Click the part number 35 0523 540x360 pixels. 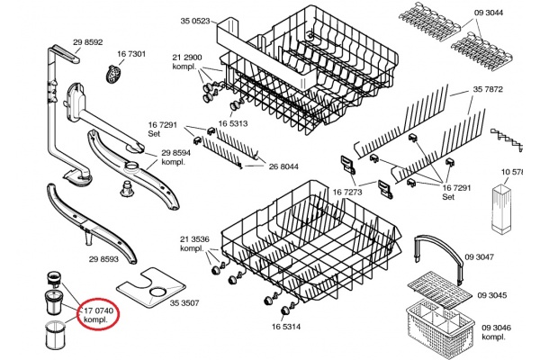click(195, 20)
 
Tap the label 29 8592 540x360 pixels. click(88, 41)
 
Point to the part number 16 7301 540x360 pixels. click(131, 54)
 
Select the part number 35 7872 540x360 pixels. click(489, 89)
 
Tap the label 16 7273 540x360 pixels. click(346, 192)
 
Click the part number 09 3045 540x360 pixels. click(492, 294)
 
